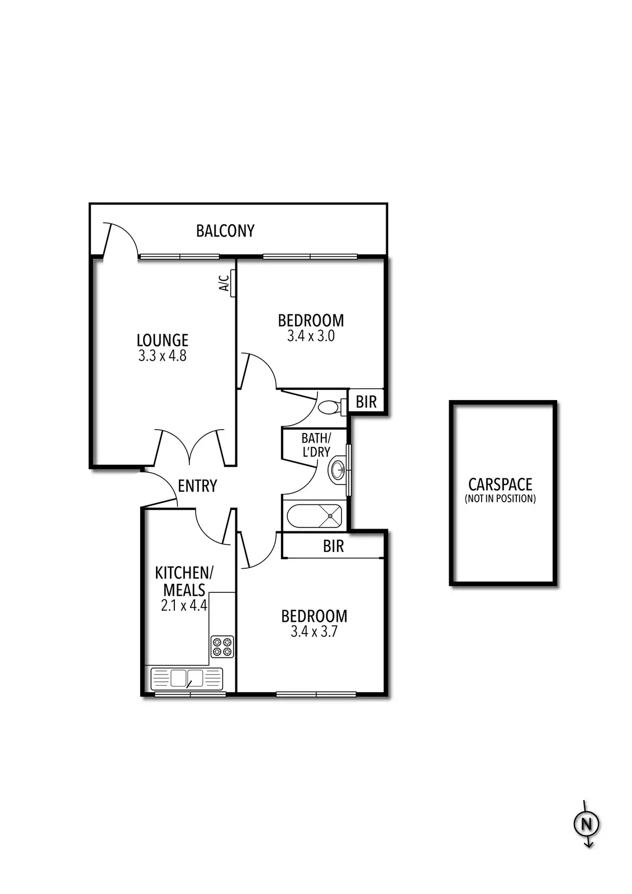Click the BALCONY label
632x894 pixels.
225,231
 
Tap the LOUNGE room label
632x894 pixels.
163,340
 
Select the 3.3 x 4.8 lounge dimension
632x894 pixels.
163,355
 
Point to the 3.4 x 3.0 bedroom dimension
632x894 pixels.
311,336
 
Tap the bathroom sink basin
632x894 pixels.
338,470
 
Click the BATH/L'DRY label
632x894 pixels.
316,445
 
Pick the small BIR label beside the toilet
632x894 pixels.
367,402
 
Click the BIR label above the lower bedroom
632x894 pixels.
334,546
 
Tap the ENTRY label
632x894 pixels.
197,486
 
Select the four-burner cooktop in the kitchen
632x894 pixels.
222,646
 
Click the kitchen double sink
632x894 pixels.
187,678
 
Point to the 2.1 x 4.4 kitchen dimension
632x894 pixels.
184,605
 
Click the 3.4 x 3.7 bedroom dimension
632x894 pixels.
314,632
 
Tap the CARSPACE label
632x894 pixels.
500,484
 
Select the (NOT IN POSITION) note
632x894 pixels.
500,498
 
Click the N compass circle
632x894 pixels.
586,824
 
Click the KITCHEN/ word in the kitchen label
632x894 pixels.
184,573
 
